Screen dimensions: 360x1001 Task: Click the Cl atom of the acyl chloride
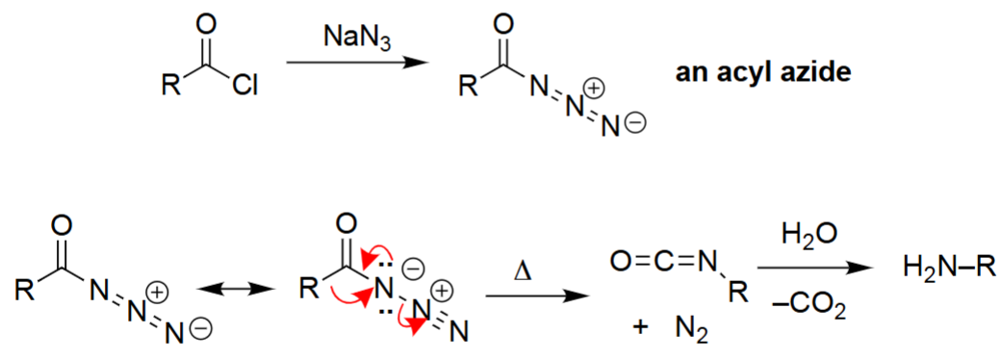(243, 86)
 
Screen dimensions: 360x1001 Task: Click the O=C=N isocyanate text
(664, 259)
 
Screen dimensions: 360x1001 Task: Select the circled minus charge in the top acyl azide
(636, 123)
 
